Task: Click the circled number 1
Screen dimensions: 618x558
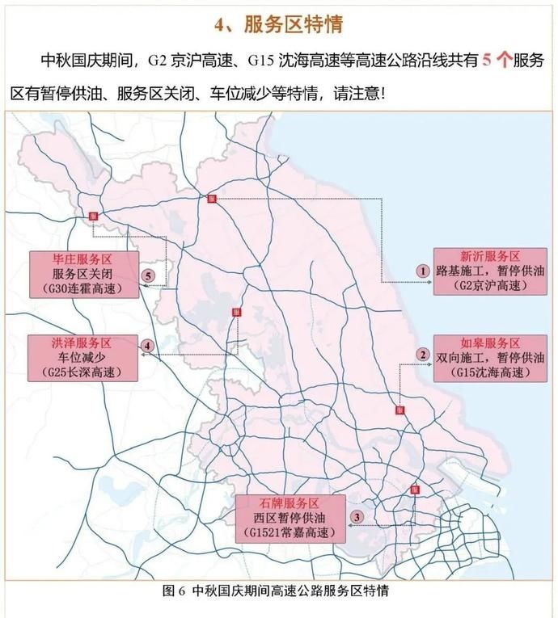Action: point(421,271)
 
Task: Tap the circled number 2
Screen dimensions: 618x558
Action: point(421,355)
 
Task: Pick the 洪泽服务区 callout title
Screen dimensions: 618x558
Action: point(81,342)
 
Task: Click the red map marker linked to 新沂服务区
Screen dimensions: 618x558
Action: point(210,199)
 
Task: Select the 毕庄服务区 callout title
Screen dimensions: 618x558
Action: point(81,259)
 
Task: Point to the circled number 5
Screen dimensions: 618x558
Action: point(147,275)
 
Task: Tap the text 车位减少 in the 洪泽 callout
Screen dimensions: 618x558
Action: point(81,357)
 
